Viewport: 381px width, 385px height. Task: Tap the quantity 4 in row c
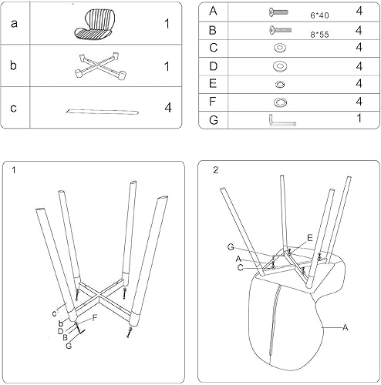point(167,107)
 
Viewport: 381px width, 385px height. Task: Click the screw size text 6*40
point(319,15)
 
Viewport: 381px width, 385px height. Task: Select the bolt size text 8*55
point(319,33)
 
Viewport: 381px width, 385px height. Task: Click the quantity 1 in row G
point(359,119)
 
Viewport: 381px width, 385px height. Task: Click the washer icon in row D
point(278,65)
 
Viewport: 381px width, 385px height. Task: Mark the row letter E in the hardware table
point(213,83)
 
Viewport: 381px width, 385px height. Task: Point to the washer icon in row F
point(278,101)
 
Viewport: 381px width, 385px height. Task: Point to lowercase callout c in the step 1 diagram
point(55,312)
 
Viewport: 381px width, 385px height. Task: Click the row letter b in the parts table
point(13,65)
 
